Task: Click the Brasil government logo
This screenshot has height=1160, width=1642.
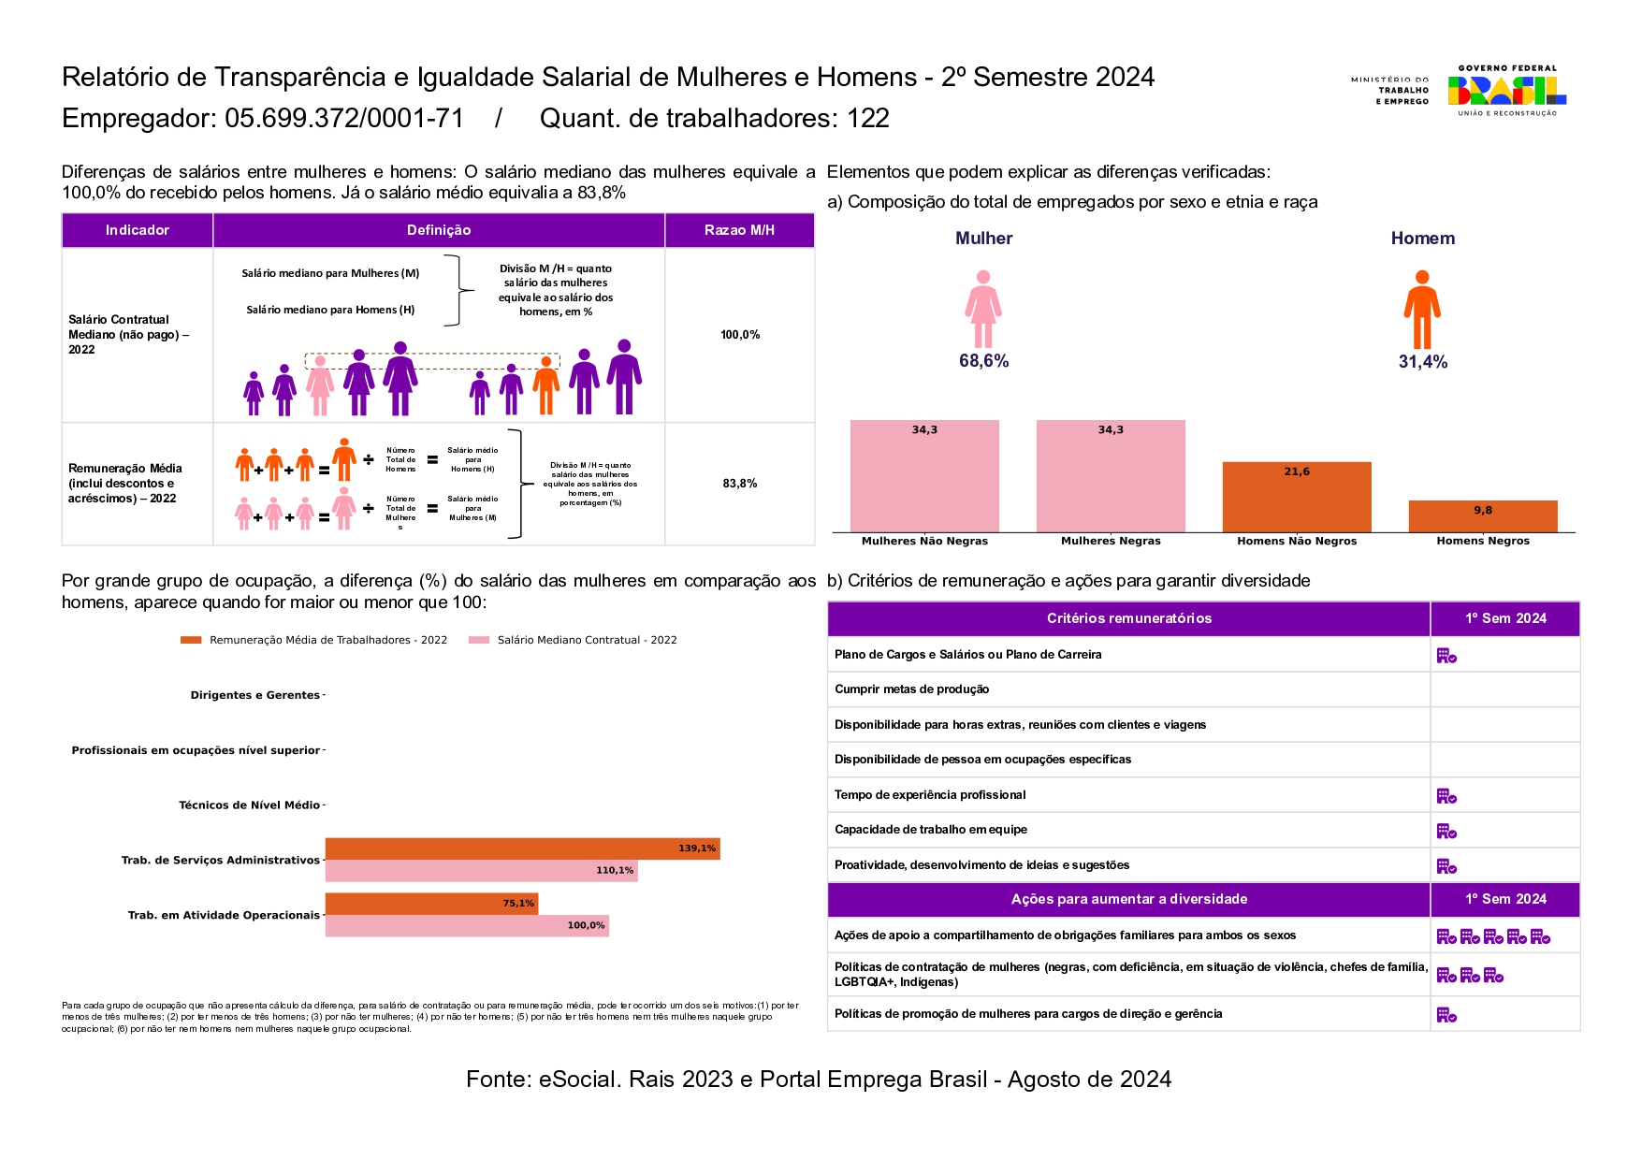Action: (1506, 90)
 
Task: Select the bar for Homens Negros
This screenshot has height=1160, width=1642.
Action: (1482, 516)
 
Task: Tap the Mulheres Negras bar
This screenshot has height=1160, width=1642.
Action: (1111, 476)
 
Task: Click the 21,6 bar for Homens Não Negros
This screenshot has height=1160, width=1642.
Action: (1297, 497)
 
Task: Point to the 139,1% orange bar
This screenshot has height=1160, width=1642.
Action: (522, 848)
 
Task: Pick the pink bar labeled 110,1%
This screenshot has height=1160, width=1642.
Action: (481, 871)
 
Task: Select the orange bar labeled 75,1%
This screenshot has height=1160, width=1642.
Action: (431, 904)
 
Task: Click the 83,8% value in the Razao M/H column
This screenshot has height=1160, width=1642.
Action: (739, 484)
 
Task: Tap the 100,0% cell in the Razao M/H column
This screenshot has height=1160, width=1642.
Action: (739, 335)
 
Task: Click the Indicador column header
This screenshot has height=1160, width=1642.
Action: (138, 230)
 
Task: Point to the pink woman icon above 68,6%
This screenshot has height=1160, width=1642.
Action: (983, 309)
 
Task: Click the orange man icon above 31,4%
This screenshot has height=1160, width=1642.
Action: (1421, 309)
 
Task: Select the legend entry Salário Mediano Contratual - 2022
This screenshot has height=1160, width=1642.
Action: (587, 640)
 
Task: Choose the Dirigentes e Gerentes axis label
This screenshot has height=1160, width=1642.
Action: (254, 695)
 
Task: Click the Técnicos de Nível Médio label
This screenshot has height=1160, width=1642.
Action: (249, 805)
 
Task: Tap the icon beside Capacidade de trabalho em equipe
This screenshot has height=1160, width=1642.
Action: (1446, 831)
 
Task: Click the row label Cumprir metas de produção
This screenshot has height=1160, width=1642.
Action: (911, 689)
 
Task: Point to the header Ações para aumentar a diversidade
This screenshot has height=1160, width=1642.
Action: (1128, 899)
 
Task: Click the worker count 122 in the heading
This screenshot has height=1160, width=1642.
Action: (868, 119)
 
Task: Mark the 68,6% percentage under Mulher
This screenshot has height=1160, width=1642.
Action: (983, 361)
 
